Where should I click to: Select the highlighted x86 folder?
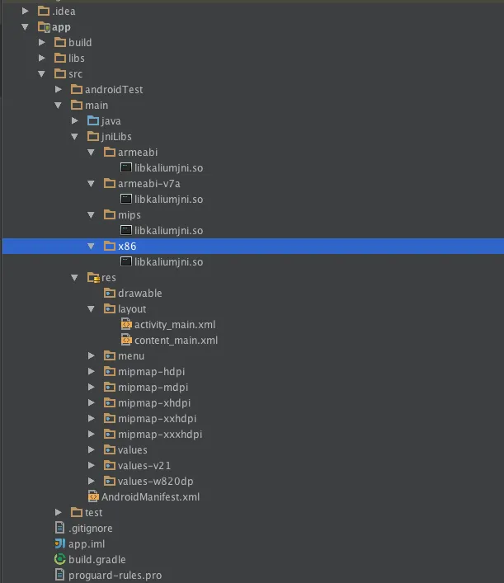point(126,246)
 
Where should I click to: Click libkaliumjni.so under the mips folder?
point(168,230)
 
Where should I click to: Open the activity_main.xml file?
point(175,324)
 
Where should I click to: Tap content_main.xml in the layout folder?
point(176,340)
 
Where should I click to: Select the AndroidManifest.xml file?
point(150,496)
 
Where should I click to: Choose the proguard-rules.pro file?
point(115,575)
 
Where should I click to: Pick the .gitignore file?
point(90,528)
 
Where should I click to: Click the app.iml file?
point(85,543)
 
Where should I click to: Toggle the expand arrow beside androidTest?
point(58,89)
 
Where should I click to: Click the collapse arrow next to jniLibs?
point(74,136)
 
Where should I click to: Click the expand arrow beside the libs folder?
point(41,58)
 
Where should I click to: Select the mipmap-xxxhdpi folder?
point(159,434)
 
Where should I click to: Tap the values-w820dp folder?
point(155,481)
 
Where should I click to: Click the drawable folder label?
point(139,293)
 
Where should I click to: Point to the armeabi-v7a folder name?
point(148,183)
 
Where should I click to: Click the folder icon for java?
point(93,120)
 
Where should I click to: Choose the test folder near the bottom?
point(93,512)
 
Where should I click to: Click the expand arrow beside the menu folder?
point(91,355)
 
